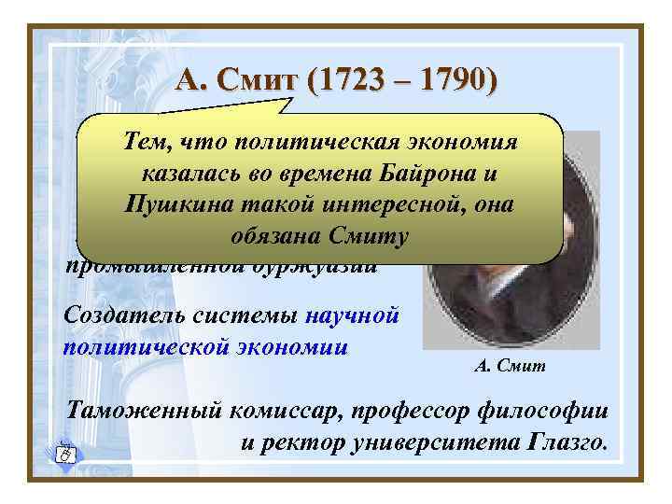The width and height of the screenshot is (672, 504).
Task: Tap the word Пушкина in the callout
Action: click(x=160, y=205)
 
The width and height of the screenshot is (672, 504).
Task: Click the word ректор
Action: click(x=297, y=438)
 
